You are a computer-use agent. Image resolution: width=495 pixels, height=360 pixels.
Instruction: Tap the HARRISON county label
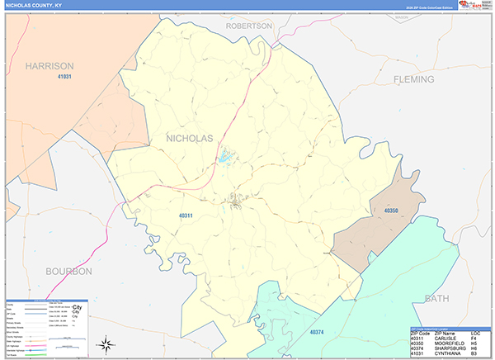pos(49,65)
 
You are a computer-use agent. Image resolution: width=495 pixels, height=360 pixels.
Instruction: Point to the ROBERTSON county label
pos(249,26)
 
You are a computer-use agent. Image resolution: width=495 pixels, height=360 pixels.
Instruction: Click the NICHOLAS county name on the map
pos(190,137)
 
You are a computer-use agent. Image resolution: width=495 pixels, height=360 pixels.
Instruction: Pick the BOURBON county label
pos(69,271)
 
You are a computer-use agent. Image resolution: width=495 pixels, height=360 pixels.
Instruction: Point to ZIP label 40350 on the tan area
pos(391,211)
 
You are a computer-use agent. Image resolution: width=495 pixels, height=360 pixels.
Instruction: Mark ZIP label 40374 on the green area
pos(318,332)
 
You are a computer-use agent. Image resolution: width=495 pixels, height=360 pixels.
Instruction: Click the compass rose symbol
pos(106,343)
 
